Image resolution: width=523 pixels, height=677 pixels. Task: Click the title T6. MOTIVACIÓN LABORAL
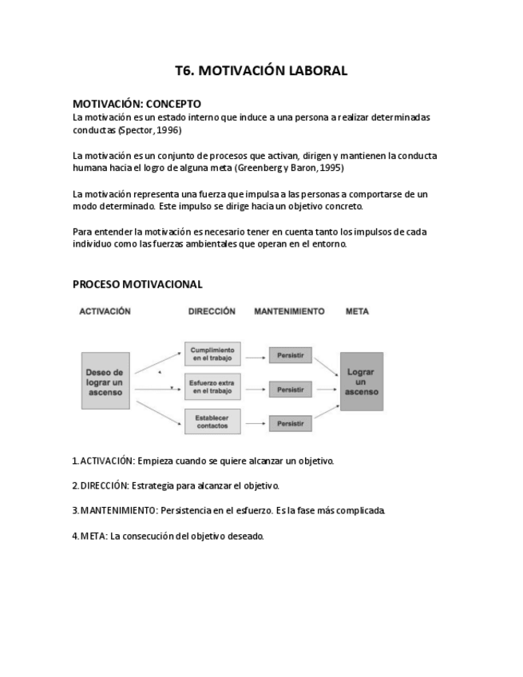click(261, 71)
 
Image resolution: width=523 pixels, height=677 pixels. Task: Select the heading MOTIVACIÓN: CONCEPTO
click(137, 104)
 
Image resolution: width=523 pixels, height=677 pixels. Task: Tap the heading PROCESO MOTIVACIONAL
click(137, 284)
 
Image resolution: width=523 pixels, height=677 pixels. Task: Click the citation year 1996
click(168, 129)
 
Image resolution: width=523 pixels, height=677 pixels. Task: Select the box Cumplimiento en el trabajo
click(212, 354)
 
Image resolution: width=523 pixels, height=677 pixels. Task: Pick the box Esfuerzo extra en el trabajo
click(212, 389)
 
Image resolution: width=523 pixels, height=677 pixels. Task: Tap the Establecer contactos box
click(212, 421)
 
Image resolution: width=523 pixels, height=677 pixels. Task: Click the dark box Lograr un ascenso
click(361, 382)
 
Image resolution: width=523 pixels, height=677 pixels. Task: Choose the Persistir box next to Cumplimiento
click(290, 355)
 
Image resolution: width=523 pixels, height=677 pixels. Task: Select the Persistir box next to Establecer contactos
click(290, 424)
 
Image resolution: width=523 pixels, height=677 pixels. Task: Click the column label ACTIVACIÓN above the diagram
click(105, 311)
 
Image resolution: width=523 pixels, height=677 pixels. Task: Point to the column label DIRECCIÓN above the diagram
click(212, 311)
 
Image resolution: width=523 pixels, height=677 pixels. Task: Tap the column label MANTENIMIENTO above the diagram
click(289, 311)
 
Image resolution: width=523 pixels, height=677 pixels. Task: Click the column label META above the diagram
click(357, 311)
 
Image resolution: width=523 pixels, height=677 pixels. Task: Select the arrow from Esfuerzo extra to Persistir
click(256, 390)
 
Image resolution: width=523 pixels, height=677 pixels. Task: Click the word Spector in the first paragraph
click(137, 129)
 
